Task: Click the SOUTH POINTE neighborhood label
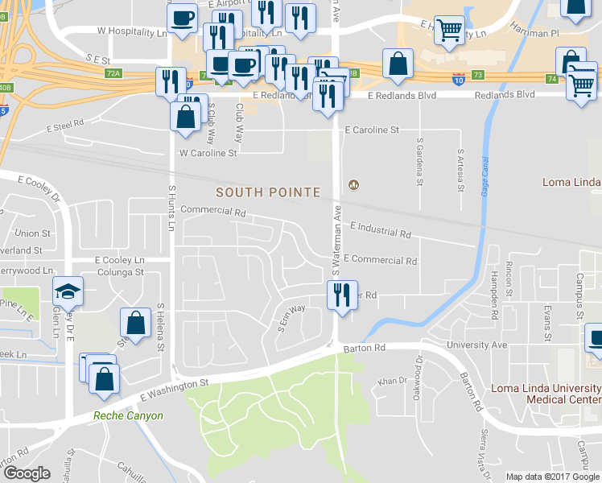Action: click(x=268, y=193)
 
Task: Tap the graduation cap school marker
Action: click(x=68, y=292)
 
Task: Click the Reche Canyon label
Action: click(x=128, y=416)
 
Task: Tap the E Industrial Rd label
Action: click(x=381, y=232)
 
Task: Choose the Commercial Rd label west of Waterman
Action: click(x=213, y=212)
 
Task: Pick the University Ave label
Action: click(x=483, y=345)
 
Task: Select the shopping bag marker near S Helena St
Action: click(x=136, y=324)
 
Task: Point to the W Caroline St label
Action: click(x=208, y=151)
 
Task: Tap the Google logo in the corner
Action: click(x=27, y=473)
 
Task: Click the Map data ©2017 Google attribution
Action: click(x=552, y=477)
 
